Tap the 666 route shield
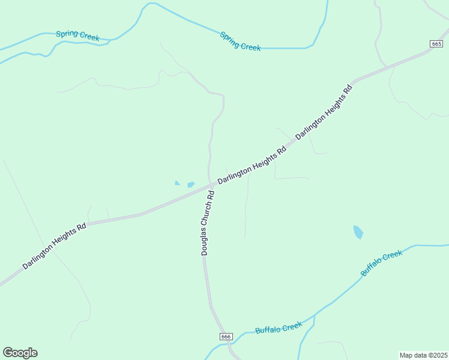(x=226, y=337)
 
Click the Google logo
(x=20, y=353)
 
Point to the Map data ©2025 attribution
(x=423, y=355)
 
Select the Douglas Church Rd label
(x=208, y=224)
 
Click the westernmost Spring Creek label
(x=77, y=36)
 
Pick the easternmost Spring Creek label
(x=240, y=41)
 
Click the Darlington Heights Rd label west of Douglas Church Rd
(x=55, y=246)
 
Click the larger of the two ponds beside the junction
(x=191, y=185)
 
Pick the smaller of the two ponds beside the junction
(x=177, y=183)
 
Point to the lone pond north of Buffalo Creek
(x=358, y=232)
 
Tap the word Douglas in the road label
(x=205, y=242)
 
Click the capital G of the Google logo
(x=8, y=353)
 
